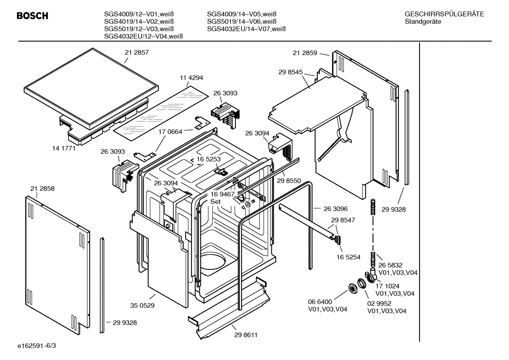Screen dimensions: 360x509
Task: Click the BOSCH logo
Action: pyautogui.click(x=32, y=16)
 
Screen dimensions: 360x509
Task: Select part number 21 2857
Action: pyautogui.click(x=137, y=52)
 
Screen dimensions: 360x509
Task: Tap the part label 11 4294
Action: pyautogui.click(x=191, y=78)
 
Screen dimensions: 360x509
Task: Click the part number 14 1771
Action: pyautogui.click(x=64, y=148)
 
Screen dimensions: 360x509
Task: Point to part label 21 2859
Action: pyautogui.click(x=305, y=53)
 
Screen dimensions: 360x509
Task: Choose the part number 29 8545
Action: pyautogui.click(x=291, y=72)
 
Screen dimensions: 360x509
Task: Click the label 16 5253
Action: pyautogui.click(x=209, y=159)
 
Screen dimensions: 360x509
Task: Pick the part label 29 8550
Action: pyautogui.click(x=289, y=181)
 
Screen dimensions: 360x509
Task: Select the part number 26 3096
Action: pyautogui.click(x=336, y=209)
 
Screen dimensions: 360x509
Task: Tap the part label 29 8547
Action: pyautogui.click(x=343, y=220)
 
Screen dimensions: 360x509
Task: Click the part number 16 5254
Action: pyautogui.click(x=348, y=257)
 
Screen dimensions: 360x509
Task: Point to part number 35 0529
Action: pyautogui.click(x=142, y=305)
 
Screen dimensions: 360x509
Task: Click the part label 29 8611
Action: pyautogui.click(x=246, y=335)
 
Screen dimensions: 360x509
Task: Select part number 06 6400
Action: pyautogui.click(x=320, y=302)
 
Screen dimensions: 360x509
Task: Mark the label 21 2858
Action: pyautogui.click(x=42, y=189)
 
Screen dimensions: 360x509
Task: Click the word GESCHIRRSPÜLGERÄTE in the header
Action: pyautogui.click(x=444, y=14)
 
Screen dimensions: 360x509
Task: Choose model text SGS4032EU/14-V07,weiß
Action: pyautogui.click(x=246, y=29)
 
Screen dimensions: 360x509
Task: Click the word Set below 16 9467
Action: pyautogui.click(x=215, y=202)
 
